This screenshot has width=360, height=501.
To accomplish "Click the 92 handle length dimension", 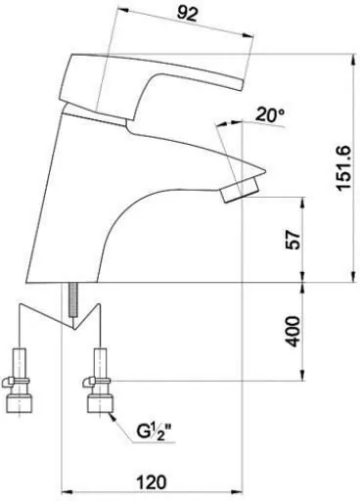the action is (x=188, y=14).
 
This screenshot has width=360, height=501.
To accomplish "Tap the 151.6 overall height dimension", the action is (x=344, y=168).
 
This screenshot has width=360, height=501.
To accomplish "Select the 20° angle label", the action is (x=270, y=114).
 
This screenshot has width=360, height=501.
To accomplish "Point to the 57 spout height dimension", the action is (x=292, y=240).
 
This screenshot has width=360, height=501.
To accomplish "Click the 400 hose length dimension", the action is (x=292, y=331).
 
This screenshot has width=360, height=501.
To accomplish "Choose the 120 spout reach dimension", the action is (x=151, y=482).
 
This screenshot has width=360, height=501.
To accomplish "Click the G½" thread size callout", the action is (x=154, y=432).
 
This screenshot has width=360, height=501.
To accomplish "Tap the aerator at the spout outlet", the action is (x=241, y=190).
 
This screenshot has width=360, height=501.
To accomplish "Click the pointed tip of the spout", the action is (x=265, y=170).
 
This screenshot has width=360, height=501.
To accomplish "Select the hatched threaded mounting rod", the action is (x=73, y=299).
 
